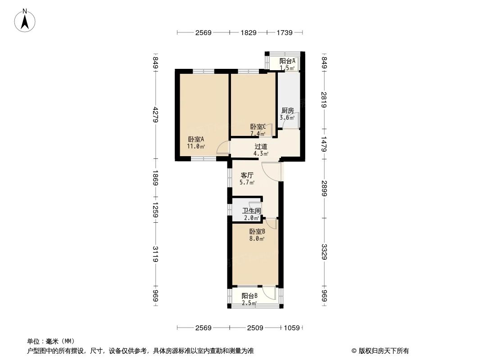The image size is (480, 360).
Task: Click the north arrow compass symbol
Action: pyautogui.click(x=26, y=20)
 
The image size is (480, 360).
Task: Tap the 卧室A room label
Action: pyautogui.click(x=196, y=139)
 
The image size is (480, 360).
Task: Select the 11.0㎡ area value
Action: pyautogui.click(x=196, y=147)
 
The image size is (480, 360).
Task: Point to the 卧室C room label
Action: pyautogui.click(x=258, y=127)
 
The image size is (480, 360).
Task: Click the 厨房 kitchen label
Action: pyautogui.click(x=287, y=111)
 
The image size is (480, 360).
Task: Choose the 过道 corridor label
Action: pyautogui.click(x=261, y=146)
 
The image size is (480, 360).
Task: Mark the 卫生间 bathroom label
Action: pyautogui.click(x=251, y=211)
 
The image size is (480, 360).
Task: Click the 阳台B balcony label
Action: pyautogui.click(x=249, y=296)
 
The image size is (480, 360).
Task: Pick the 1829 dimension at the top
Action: pyautogui.click(x=249, y=32)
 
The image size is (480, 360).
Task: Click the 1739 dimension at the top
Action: pyautogui.click(x=285, y=32)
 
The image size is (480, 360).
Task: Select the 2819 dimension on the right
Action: pyautogui.click(x=324, y=99)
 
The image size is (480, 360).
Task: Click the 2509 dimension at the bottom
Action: pyautogui.click(x=255, y=328)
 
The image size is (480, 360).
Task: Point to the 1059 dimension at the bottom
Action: pyautogui.click(x=292, y=328)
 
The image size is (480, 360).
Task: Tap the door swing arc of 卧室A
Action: pyautogui.click(x=222, y=148)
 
